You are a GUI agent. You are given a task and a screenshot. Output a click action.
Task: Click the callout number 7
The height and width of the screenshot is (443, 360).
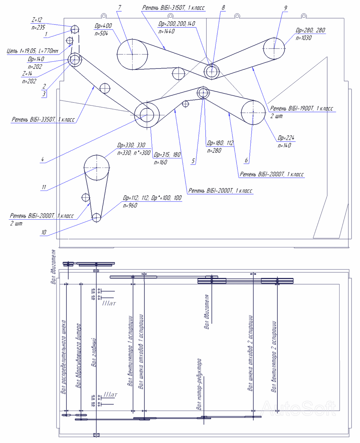119,7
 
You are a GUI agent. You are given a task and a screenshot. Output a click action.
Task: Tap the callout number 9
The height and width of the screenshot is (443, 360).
285,7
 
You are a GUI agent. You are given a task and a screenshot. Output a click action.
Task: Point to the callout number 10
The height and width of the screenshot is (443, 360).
43,232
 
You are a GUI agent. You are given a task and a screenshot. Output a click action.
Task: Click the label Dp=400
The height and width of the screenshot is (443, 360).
103,26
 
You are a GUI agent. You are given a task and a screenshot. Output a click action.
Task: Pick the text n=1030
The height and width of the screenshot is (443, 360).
303,38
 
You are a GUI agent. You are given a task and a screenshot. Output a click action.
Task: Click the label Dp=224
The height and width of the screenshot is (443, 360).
286,138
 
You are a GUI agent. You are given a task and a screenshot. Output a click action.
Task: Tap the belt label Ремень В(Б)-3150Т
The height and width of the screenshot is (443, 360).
173,7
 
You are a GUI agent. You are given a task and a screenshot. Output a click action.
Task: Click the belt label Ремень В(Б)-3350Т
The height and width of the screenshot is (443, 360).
43,119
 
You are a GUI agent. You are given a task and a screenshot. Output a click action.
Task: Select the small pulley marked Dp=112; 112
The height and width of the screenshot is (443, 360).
96,217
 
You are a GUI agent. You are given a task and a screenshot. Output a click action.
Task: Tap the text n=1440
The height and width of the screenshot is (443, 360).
166,31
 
